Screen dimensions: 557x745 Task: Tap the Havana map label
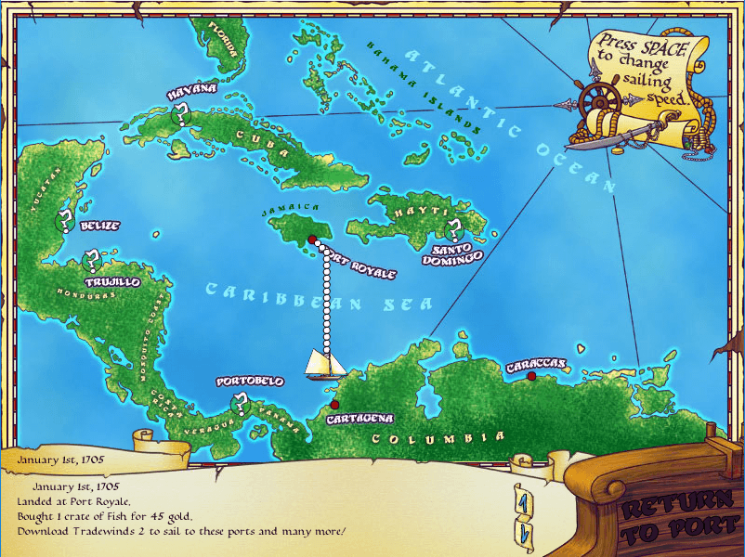(x=191, y=90)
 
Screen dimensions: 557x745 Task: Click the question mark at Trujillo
(x=92, y=261)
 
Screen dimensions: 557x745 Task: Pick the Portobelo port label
(x=249, y=382)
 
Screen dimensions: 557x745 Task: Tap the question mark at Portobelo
(x=241, y=403)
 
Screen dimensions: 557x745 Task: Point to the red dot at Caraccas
(x=531, y=376)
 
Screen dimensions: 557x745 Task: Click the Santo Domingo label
(x=457, y=253)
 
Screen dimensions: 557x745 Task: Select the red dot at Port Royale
(x=310, y=239)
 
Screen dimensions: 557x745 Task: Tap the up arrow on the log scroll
(x=522, y=502)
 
